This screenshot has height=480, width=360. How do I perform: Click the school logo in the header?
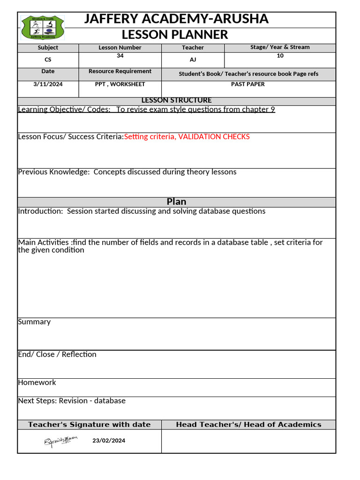[43, 28]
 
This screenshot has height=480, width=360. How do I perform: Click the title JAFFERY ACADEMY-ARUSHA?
[176, 19]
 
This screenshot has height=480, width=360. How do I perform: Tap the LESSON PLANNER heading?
[175, 35]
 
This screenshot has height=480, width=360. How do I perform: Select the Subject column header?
[48, 47]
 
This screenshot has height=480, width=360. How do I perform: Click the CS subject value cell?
[48, 60]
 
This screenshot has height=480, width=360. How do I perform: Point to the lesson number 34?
[120, 56]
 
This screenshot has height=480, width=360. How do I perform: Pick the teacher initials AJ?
[193, 60]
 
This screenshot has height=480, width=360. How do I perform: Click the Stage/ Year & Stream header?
[280, 47]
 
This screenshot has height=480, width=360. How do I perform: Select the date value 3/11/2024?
[48, 84]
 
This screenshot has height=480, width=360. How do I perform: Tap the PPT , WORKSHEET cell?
[120, 84]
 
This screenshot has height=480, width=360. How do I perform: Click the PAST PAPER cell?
[248, 84]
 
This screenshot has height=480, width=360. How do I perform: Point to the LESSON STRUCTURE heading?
[176, 100]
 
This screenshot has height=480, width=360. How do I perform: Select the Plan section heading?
[176, 202]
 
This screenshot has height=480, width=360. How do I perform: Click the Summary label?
[34, 322]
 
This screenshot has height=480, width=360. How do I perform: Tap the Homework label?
[37, 382]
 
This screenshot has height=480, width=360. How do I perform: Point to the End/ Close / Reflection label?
[57, 354]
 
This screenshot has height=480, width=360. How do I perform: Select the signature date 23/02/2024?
[109, 441]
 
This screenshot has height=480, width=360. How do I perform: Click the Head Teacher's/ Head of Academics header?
[248, 425]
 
